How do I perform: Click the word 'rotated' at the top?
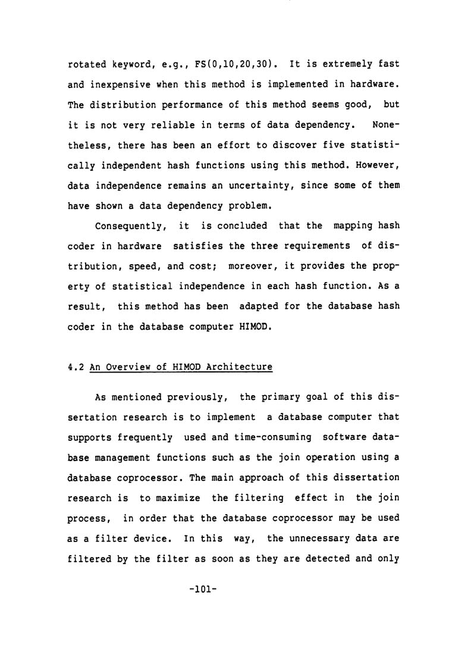(83, 64)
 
